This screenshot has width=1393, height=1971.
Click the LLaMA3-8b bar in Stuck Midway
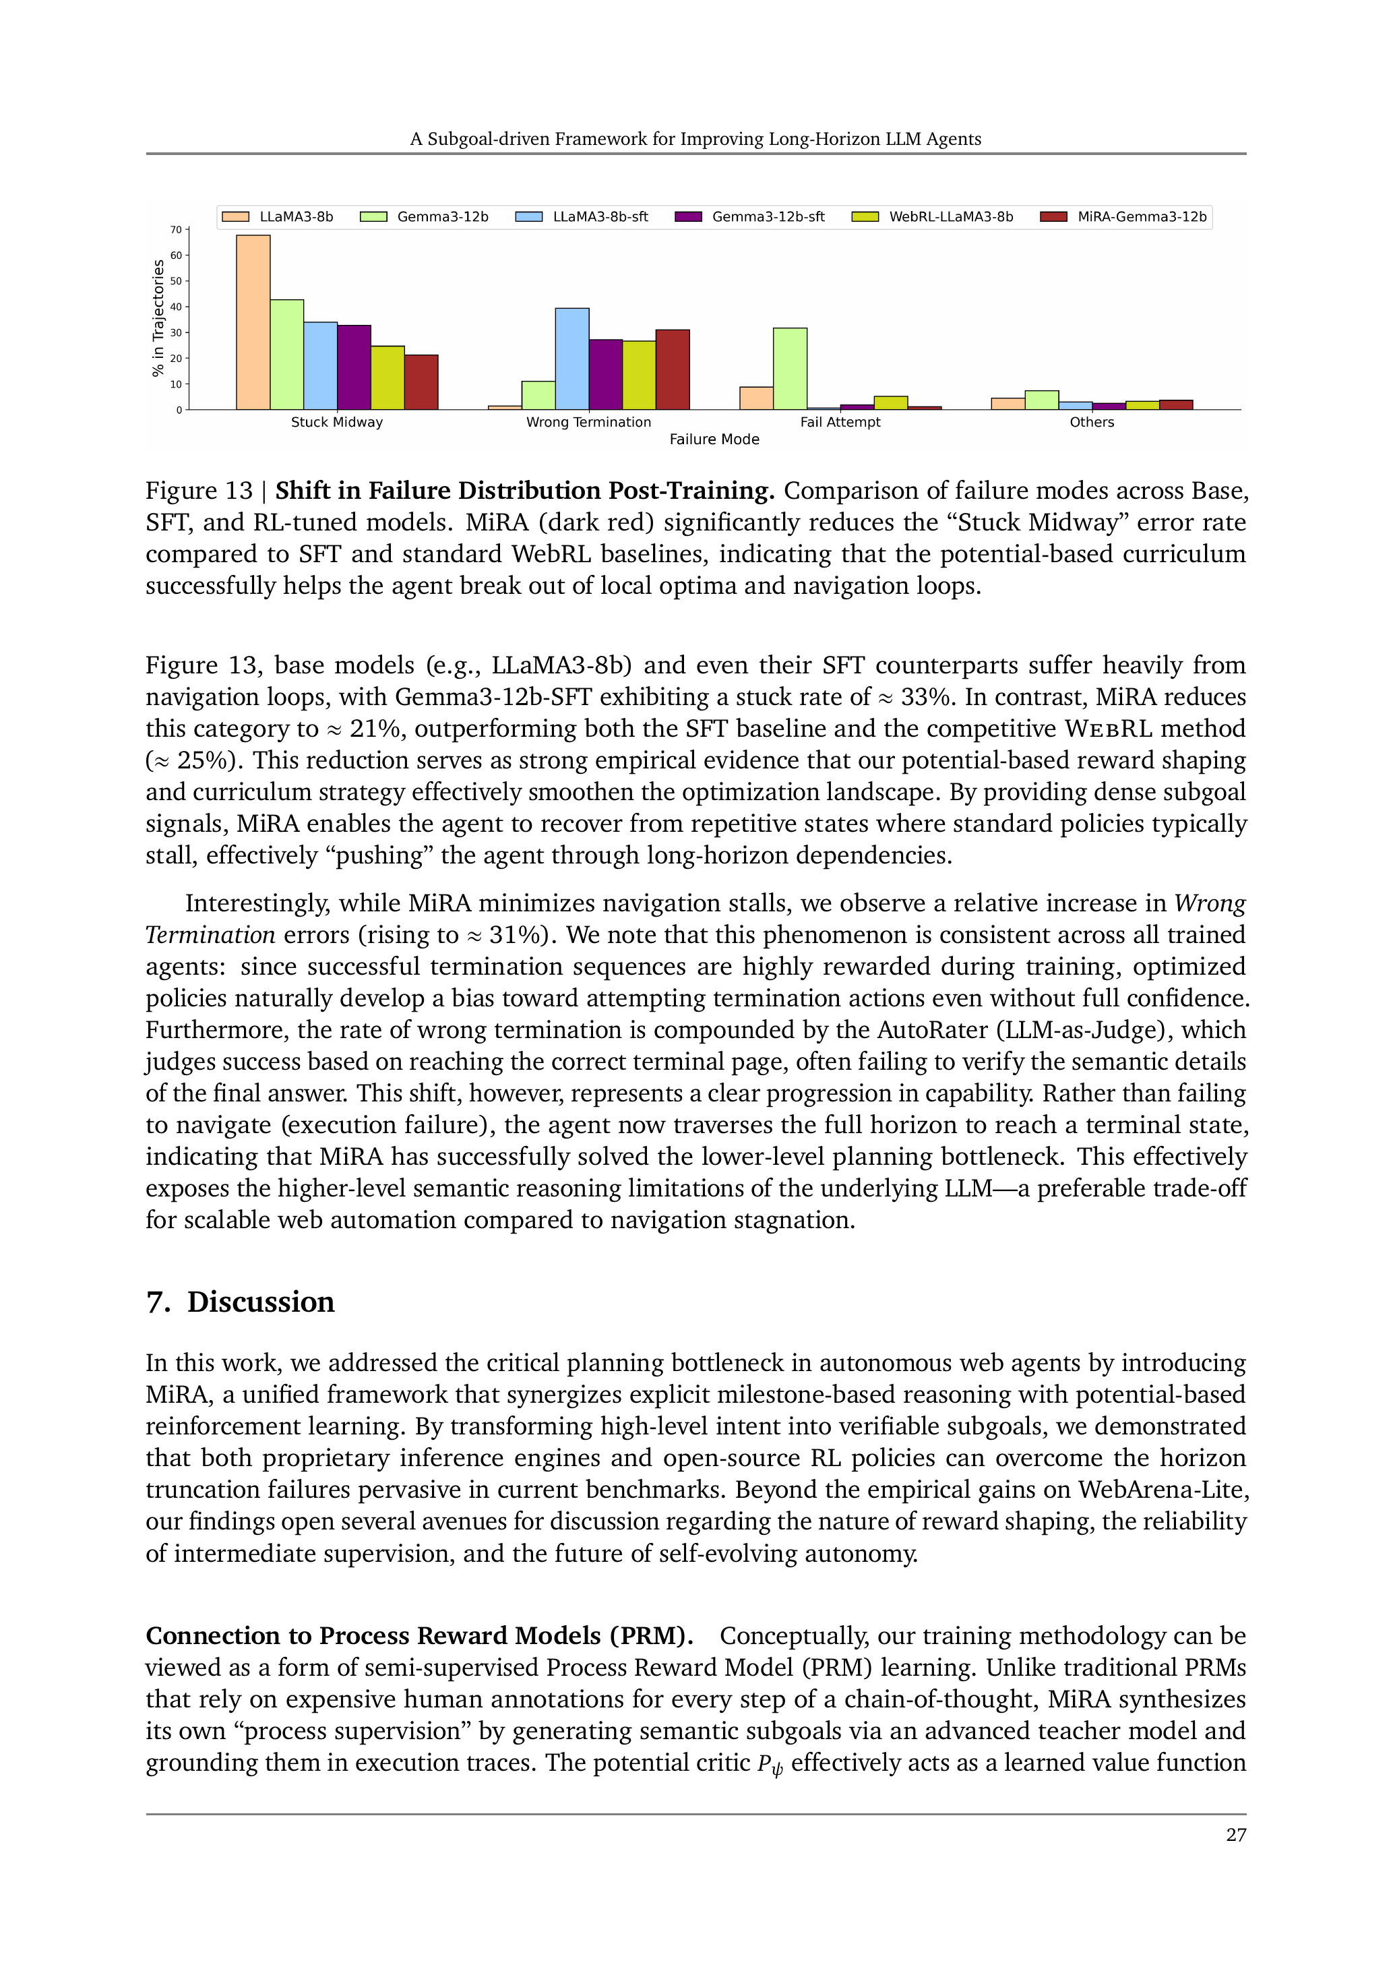(253, 322)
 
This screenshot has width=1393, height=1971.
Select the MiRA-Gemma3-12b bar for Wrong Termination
(672, 369)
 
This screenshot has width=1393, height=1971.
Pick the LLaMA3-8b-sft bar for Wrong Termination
(571, 359)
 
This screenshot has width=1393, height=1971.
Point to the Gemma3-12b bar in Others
(1041, 400)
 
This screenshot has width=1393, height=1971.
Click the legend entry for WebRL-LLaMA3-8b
(932, 216)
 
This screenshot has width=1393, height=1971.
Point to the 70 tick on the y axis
(176, 230)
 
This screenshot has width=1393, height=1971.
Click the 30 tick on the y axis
(176, 333)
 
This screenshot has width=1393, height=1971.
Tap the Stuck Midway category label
(336, 423)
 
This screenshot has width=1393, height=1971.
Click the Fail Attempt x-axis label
(840, 423)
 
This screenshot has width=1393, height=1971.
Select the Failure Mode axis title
(714, 439)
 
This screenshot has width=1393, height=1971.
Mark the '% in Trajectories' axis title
(158, 318)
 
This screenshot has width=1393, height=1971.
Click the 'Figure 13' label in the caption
(199, 491)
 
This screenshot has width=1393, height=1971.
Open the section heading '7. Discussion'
(241, 1302)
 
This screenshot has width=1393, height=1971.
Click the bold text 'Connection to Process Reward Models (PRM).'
(420, 1636)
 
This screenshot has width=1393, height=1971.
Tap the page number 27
(1236, 1836)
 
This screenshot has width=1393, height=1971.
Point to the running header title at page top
(695, 139)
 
